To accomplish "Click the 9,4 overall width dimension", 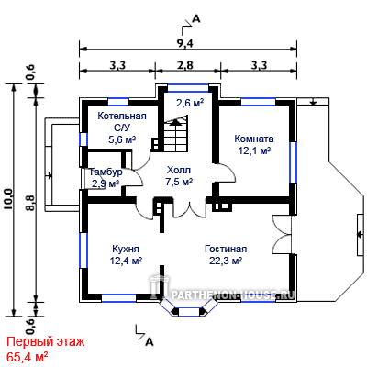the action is point(184,44).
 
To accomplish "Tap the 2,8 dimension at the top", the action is point(184,65).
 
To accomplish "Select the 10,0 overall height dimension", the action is point(7,199).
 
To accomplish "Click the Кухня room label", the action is point(126,249).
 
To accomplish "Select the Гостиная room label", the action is point(226,249).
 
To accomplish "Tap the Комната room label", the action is point(254,139).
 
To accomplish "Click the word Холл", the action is point(179,170).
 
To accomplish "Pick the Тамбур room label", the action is point(106,172).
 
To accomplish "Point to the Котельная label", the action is point(122,117).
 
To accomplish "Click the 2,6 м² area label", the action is point(190,103).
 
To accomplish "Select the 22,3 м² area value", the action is point(226,261).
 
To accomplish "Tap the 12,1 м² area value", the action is point(254,150).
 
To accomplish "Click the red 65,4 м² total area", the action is point(27,357).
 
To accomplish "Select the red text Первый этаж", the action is point(46,342).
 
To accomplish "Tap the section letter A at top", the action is point(195,19).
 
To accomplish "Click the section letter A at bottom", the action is point(149,342).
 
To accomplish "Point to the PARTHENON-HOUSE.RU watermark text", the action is point(233,295).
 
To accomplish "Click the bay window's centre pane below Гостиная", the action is point(188,312).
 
